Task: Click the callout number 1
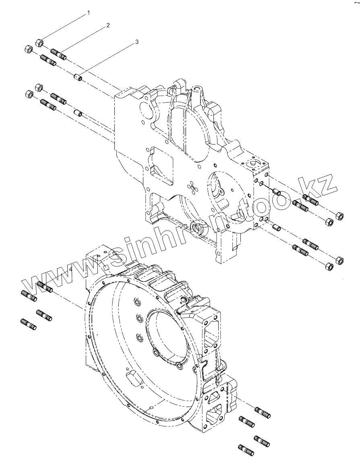(x=89, y=13)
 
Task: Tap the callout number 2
(x=108, y=25)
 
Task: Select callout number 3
(x=137, y=41)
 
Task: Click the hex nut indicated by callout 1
(x=40, y=42)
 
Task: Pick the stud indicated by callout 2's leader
(x=59, y=54)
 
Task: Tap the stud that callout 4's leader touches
(x=45, y=287)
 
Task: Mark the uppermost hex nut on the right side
(x=339, y=216)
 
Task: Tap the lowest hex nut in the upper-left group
(x=29, y=94)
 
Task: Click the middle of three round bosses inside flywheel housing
(x=139, y=319)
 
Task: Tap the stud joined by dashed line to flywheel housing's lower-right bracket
(x=263, y=412)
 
